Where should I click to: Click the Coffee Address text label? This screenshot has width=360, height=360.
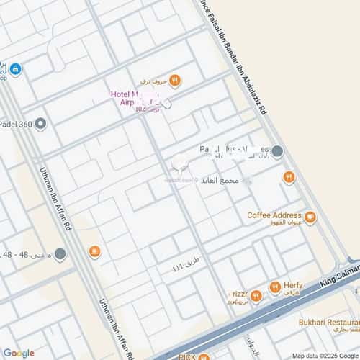274,215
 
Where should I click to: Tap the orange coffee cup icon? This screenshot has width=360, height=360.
310,217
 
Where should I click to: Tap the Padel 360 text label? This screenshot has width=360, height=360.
16,124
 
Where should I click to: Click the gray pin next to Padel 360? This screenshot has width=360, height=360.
41,124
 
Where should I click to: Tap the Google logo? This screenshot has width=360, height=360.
19,353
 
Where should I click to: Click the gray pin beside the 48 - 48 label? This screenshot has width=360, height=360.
60,253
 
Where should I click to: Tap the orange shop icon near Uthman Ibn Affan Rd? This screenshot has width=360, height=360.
94,251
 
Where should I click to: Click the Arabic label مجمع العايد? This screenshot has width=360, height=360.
221,179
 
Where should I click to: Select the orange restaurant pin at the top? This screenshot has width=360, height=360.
174,80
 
